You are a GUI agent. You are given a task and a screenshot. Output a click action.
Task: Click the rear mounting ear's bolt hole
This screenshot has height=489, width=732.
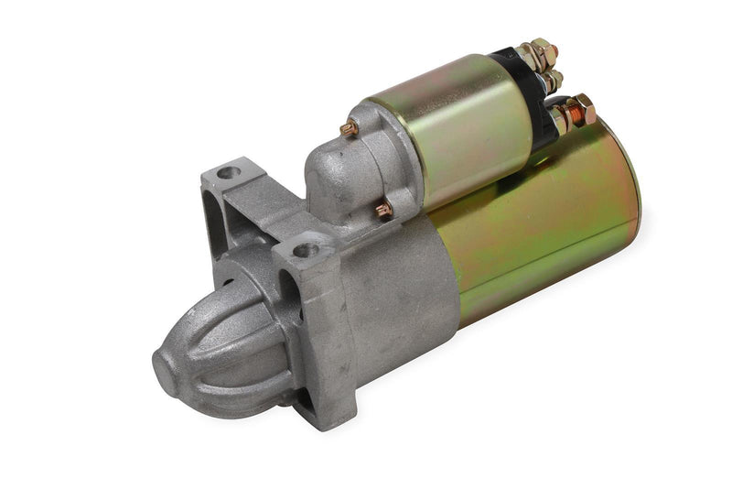click(226, 171)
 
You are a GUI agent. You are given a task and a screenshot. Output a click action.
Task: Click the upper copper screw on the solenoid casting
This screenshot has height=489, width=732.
click(349, 130)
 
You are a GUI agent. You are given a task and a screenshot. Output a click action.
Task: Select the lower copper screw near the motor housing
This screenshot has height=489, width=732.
click(383, 210)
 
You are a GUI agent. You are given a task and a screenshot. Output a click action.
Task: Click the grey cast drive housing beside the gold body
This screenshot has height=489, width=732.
click(403, 284)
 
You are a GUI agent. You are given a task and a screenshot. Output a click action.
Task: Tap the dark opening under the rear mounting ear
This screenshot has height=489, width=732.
click(220, 220)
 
